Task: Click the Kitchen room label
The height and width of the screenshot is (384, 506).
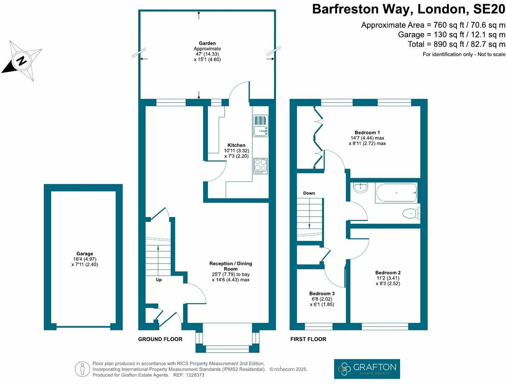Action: point(236,145)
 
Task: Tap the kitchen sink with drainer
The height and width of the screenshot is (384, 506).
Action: point(261,126)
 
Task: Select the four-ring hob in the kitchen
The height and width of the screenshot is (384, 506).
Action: point(261,166)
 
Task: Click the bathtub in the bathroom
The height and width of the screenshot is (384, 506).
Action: point(396,193)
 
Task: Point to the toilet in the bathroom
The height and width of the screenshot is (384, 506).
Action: point(411,214)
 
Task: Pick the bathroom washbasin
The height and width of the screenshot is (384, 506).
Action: point(360,187)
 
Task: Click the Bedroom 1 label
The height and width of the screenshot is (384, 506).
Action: point(367,133)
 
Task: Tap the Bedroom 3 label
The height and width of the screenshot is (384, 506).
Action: point(322,293)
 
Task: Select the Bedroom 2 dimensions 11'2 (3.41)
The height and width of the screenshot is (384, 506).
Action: point(388,278)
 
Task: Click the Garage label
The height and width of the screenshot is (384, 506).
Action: point(85,253)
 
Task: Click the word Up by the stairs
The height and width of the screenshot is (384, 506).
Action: point(159,280)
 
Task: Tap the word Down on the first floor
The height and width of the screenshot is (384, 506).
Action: point(309,193)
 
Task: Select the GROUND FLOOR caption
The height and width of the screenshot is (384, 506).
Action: point(160,339)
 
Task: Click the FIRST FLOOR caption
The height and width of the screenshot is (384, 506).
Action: point(308,339)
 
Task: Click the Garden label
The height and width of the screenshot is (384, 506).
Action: point(207,43)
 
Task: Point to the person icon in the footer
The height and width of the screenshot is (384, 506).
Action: point(82,369)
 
